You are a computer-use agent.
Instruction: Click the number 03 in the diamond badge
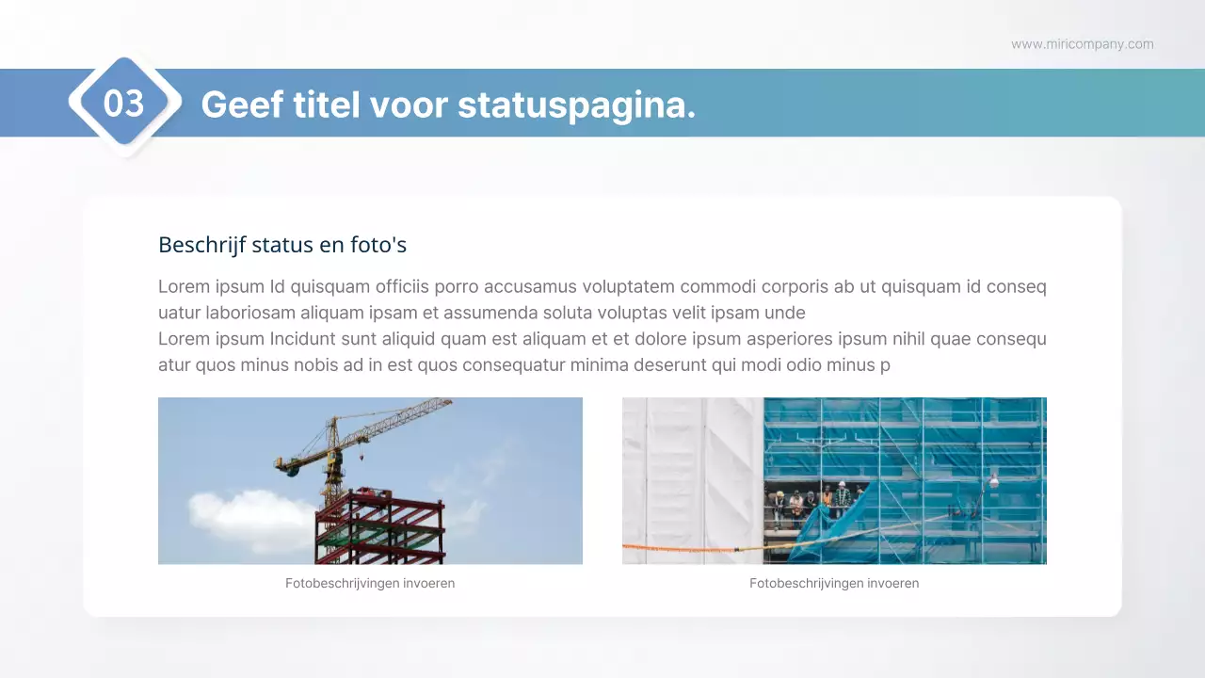coord(123,104)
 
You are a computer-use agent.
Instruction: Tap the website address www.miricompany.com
coord(1082,44)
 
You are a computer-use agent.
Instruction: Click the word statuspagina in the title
coord(576,105)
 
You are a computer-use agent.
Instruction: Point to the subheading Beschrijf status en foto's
coord(282,245)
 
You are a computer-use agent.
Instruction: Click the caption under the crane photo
coord(370,584)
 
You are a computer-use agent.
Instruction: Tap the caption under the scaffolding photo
coord(834,584)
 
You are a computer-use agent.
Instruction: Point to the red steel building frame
coord(380,527)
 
